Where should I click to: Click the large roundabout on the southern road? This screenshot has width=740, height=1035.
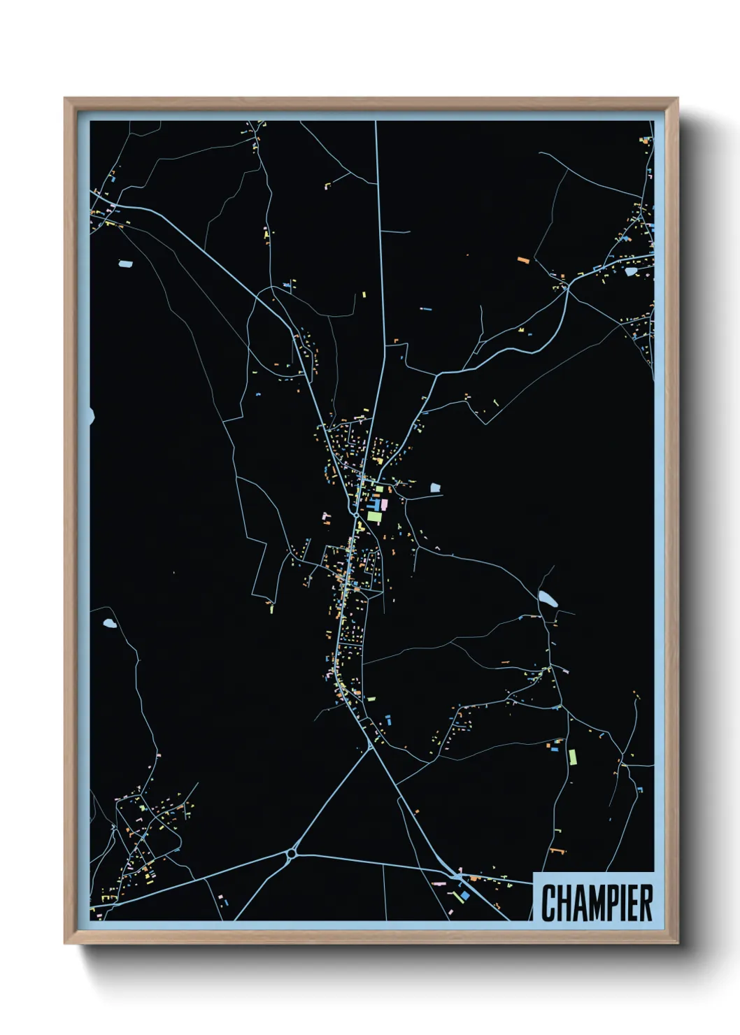(x=292, y=853)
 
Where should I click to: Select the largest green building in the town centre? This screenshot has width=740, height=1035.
(x=374, y=517)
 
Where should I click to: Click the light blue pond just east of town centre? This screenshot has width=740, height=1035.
(x=435, y=487)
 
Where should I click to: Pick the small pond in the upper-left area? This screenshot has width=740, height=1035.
(x=124, y=264)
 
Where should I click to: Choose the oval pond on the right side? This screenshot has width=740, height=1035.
(x=548, y=599)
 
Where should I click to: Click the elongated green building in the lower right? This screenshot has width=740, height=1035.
(x=572, y=757)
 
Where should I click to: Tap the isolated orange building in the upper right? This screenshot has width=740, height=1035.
(x=523, y=260)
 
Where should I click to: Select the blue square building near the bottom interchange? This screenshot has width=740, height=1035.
(x=464, y=896)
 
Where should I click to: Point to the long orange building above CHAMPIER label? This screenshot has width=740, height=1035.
(x=557, y=851)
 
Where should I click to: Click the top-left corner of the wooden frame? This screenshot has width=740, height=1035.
(x=65, y=99)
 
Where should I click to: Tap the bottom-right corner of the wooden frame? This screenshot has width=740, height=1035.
(x=677, y=943)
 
